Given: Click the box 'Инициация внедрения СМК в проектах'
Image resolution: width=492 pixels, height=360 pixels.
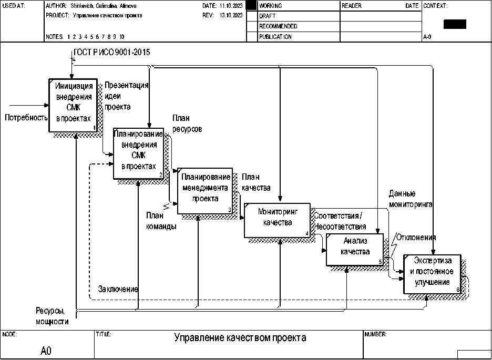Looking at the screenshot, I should [x=73, y=105].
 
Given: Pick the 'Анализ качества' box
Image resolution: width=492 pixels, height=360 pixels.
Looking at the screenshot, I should [x=355, y=249].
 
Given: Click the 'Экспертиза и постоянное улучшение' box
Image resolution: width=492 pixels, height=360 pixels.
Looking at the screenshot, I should [x=432, y=274].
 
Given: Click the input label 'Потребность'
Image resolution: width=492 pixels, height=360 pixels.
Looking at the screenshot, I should [x=26, y=118].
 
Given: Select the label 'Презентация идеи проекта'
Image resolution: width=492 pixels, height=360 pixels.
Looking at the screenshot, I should [x=126, y=96].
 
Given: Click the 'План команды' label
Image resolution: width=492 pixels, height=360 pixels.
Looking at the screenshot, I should [x=161, y=221].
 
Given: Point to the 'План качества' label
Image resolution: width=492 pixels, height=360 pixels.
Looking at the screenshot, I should [x=256, y=182].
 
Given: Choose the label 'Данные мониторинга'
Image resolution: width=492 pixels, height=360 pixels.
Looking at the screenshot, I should [x=411, y=199].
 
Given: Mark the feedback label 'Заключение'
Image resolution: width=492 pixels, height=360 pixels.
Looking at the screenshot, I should [x=118, y=289].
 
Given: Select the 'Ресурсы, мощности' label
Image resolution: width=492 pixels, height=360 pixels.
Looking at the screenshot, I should [x=52, y=315].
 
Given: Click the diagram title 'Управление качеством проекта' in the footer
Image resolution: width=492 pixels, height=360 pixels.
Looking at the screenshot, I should [x=240, y=338].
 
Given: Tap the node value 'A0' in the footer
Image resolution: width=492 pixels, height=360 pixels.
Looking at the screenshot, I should [x=46, y=351].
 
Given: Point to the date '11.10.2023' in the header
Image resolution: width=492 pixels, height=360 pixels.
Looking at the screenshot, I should [x=230, y=6].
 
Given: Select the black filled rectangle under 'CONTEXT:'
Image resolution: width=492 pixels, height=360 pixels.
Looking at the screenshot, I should [x=455, y=24].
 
